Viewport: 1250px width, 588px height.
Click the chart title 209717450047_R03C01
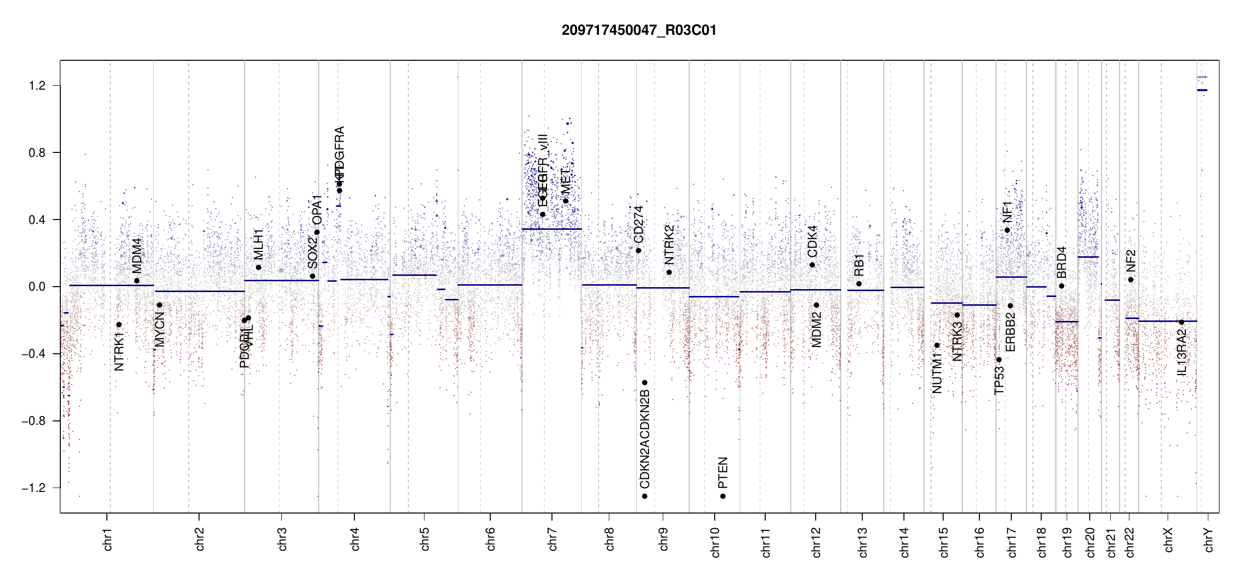point(639,30)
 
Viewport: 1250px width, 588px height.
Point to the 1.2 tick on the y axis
point(37,86)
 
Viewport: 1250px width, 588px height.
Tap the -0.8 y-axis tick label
point(33,421)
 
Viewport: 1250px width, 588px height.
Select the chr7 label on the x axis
point(552,539)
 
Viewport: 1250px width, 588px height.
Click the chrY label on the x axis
point(1209,539)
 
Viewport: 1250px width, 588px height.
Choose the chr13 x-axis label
point(863,542)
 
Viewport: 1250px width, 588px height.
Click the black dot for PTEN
point(723,496)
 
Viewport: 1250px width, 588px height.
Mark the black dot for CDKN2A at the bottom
point(645,496)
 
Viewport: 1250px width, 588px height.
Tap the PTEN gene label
point(723,472)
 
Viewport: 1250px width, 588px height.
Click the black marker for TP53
point(999,360)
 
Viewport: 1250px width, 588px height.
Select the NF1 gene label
point(1007,212)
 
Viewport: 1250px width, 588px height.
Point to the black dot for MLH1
point(258,268)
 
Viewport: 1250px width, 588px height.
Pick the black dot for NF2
point(1131,280)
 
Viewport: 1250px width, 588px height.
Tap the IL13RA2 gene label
point(1181,352)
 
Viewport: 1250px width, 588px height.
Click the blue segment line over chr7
point(551,229)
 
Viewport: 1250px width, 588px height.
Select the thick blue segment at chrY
point(1202,90)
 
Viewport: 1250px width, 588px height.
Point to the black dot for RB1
point(859,284)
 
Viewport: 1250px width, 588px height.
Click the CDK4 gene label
point(812,241)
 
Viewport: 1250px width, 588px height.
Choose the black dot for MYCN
point(159,305)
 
